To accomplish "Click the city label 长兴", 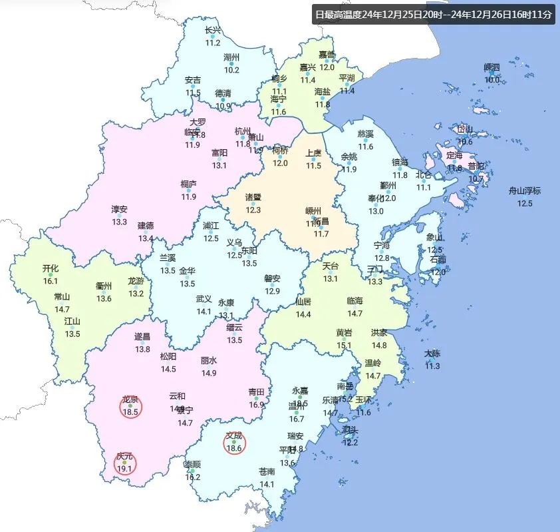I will click(x=212, y=31).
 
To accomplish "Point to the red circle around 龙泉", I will click(x=130, y=405).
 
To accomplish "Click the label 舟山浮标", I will click(x=525, y=191).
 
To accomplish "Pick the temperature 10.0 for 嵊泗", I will click(x=491, y=80).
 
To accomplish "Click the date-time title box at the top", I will click(x=433, y=14).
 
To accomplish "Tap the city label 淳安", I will click(x=119, y=209).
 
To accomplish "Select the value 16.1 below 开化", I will click(x=51, y=282).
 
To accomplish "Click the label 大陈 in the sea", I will click(x=432, y=354).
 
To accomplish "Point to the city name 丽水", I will click(x=209, y=360).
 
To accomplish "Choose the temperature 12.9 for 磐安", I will click(x=272, y=292).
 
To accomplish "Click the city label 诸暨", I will click(x=253, y=198).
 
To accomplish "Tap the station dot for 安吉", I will click(x=193, y=87).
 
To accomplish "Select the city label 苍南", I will click(x=267, y=471).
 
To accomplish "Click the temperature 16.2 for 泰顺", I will click(x=192, y=477).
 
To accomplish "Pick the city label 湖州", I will click(x=231, y=58).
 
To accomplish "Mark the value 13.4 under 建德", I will click(x=146, y=238).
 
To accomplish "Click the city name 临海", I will click(x=355, y=301).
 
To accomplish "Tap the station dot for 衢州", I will click(x=104, y=291).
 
